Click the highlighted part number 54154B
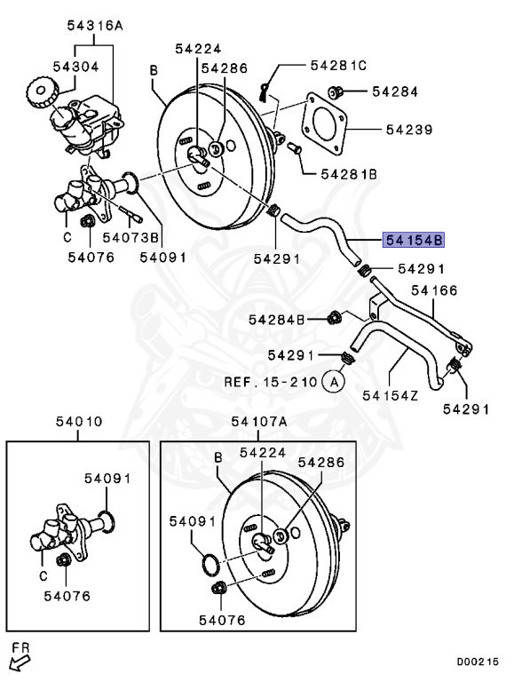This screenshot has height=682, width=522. tap(413, 240)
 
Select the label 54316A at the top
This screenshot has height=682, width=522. tap(94, 26)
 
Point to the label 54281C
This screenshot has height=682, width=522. tap(338, 65)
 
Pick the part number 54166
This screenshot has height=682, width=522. tap(432, 289)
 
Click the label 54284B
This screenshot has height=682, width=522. tap(276, 319)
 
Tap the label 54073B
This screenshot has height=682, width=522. tap(130, 237)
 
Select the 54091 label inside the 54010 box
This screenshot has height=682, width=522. tap(107, 478)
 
